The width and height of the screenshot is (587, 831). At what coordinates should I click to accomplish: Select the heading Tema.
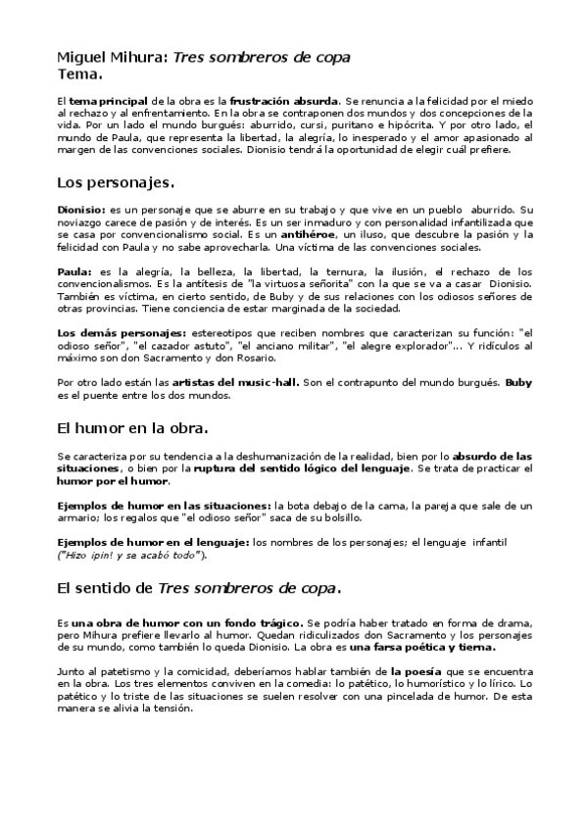[x=80, y=73]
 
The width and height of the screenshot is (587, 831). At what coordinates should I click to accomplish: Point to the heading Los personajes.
[x=116, y=182]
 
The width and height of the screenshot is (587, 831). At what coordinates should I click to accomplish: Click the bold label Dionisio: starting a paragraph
[x=81, y=210]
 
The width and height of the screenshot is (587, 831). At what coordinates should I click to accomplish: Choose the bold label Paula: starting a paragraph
[x=74, y=270]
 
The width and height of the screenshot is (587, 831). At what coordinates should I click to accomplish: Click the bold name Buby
[x=518, y=382]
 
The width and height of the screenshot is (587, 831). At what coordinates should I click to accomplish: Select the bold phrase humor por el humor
[x=113, y=481]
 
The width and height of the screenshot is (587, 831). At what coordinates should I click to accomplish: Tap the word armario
[x=77, y=517]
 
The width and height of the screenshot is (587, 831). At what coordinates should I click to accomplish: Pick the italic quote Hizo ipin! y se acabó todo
[x=131, y=555]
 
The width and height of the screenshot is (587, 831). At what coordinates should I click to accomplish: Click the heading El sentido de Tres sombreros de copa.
[x=199, y=588]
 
